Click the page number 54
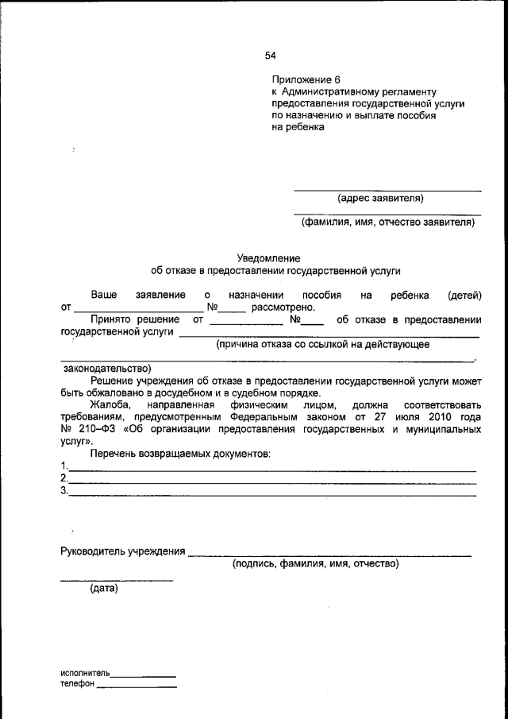coord(270,56)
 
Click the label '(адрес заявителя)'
coord(380,198)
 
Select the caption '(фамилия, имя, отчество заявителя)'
coord(387,222)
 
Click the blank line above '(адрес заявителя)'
coord(387,190)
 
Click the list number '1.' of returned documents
coord(64,466)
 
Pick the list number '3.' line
coord(64,491)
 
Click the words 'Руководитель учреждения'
coord(123,551)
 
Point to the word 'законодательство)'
coord(106,369)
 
